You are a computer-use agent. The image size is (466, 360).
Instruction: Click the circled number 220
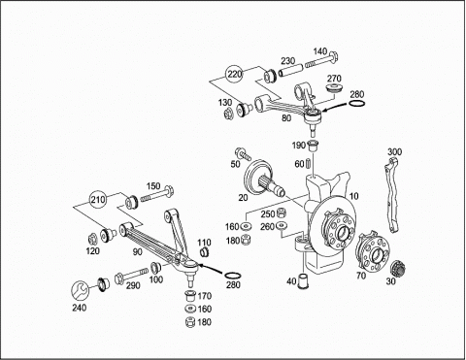[234, 74]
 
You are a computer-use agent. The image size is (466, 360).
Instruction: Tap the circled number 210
[98, 200]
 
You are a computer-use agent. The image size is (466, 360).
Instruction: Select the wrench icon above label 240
[80, 290]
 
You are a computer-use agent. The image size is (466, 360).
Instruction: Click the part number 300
[394, 151]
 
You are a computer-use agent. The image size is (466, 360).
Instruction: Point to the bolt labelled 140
[321, 62]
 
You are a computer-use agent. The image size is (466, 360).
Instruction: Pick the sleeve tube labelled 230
[290, 71]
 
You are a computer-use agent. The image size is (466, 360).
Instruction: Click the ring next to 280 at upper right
[357, 104]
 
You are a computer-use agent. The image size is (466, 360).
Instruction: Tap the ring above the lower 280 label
[233, 276]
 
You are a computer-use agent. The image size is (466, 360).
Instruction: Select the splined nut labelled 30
[398, 268]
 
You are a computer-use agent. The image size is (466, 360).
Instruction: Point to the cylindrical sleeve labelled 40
[305, 281]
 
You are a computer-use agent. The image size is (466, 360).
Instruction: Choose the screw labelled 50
[244, 153]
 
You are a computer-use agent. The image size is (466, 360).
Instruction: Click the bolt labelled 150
[157, 194]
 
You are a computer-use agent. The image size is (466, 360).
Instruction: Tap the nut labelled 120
[92, 239]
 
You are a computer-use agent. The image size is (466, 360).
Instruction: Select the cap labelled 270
[333, 88]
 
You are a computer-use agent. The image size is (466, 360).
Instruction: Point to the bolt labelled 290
[131, 275]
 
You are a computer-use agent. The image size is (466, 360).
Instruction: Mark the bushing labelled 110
[204, 251]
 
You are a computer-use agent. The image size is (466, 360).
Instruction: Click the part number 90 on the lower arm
[138, 251]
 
